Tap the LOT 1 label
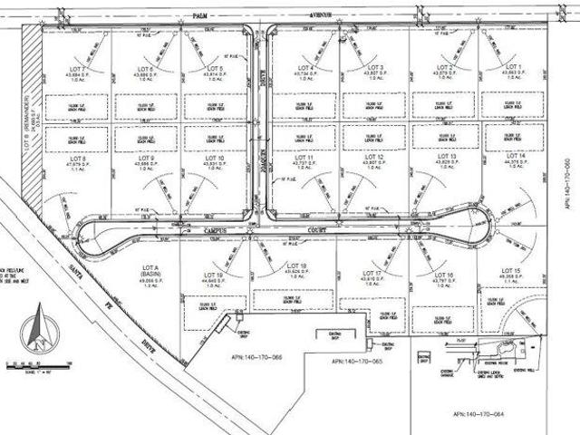click(x=514, y=68)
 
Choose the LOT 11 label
click(x=304, y=157)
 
